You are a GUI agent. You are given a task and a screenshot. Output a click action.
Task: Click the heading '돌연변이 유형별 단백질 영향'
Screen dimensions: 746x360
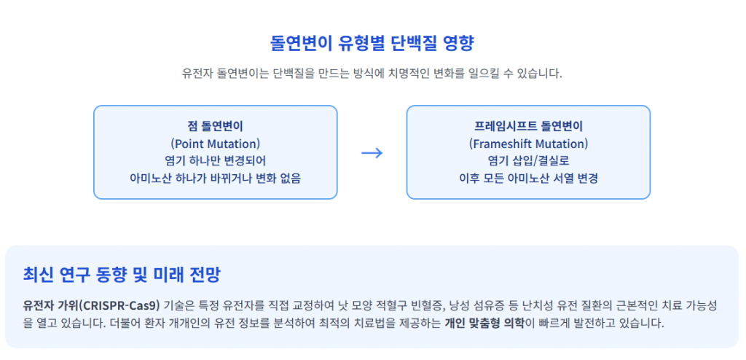[x=372, y=44]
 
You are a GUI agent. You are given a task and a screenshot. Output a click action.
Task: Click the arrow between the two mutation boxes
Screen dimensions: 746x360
[x=372, y=152]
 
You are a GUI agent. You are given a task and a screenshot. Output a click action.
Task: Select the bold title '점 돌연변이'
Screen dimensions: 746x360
[x=216, y=126]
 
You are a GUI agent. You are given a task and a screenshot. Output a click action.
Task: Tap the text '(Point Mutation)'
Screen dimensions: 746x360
[x=216, y=144]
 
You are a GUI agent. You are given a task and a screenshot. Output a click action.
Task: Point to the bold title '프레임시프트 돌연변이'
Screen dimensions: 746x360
[x=529, y=126]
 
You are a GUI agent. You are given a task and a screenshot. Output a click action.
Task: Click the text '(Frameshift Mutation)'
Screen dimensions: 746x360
[x=529, y=144]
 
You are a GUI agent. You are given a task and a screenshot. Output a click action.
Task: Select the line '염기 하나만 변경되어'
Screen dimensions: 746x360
[x=216, y=161]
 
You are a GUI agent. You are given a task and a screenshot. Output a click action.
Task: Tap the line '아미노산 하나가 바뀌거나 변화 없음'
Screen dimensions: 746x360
[x=216, y=179]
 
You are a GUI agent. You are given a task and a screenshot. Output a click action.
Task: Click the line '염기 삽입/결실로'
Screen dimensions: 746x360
[x=529, y=161]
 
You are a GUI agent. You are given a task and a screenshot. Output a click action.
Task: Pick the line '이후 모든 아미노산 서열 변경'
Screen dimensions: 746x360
[x=529, y=179]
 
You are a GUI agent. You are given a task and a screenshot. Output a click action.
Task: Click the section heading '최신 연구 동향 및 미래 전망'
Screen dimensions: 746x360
[x=122, y=275]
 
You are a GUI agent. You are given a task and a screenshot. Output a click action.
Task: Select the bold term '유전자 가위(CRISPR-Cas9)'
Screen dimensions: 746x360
[x=91, y=305]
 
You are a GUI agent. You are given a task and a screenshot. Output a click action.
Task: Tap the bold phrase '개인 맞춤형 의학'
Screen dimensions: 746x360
[x=484, y=324]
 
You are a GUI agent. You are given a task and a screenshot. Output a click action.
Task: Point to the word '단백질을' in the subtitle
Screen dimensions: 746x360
[x=290, y=74]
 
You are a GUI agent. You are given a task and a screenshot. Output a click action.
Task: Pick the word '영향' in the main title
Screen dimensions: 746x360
[x=459, y=44]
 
